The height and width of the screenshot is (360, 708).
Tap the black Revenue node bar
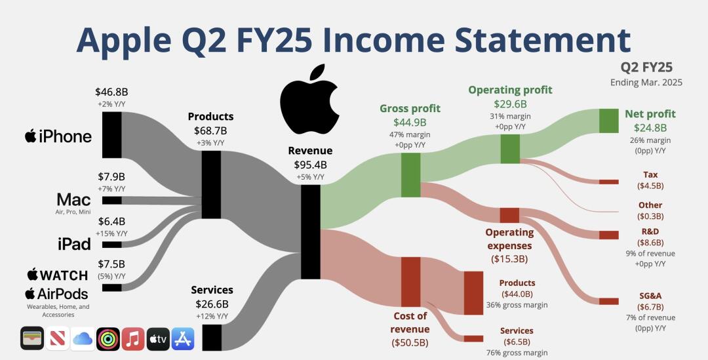pyautogui.click(x=311, y=231)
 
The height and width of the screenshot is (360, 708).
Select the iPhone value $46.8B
pyautogui.click(x=111, y=92)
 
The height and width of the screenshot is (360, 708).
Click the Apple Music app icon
pyautogui.click(x=133, y=339)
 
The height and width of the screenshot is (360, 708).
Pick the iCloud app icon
pyautogui.click(x=83, y=339)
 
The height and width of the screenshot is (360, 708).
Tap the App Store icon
pyautogui.click(x=183, y=339)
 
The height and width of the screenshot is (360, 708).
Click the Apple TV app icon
pyautogui.click(x=158, y=339)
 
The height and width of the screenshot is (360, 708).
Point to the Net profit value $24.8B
pyautogui.click(x=650, y=128)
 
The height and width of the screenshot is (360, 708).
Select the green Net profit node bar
pyautogui.click(x=608, y=121)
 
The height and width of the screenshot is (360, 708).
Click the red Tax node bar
pyautogui.click(x=608, y=182)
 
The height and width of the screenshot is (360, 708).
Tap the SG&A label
pyautogui.click(x=651, y=296)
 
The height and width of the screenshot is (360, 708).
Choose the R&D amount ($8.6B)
pyautogui.click(x=651, y=243)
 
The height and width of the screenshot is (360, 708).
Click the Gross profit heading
pyautogui.click(x=410, y=108)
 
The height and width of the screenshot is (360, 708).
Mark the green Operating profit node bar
pyautogui.click(x=510, y=149)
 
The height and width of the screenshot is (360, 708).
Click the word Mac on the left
pyautogui.click(x=73, y=199)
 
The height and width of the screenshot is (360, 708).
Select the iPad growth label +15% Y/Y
pyautogui.click(x=111, y=233)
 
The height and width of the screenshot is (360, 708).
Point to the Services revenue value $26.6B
pyautogui.click(x=212, y=304)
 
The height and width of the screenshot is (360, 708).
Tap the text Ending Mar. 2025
pyautogui.click(x=646, y=83)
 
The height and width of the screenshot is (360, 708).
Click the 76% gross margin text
pyautogui.click(x=517, y=353)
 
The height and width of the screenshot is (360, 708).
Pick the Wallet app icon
pyautogui.click(x=32, y=339)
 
